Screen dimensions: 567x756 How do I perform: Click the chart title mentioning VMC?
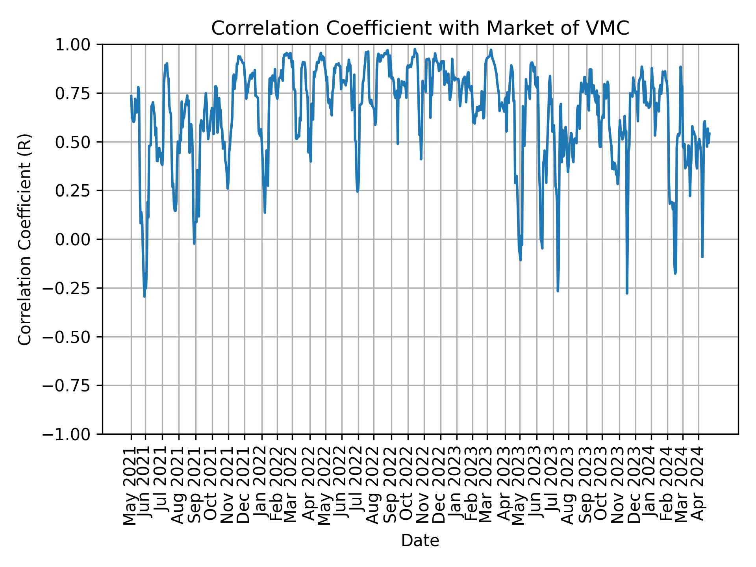coord(420,28)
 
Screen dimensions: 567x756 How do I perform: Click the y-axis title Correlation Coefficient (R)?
coord(25,239)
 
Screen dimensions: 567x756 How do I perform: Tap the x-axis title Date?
coord(420,541)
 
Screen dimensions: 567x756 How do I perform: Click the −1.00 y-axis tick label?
coord(72,434)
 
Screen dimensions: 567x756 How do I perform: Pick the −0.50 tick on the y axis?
coord(72,337)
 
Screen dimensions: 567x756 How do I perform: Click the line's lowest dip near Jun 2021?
coord(145,296)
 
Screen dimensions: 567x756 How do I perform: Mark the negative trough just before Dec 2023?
coord(627,293)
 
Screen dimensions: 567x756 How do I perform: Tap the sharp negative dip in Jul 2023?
coord(558,291)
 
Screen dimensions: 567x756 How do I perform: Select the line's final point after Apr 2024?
coord(709,133)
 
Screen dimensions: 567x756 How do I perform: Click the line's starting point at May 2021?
coord(131,96)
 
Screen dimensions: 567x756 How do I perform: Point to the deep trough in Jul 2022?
coord(357,191)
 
